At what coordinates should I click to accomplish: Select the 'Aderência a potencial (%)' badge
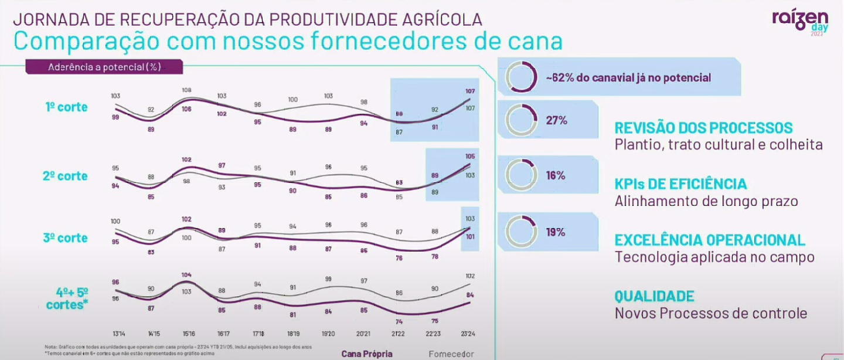tap(104, 67)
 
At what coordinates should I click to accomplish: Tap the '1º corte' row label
tap(66, 107)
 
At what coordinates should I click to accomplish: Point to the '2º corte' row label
tap(65, 176)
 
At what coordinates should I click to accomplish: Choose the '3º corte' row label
tap(65, 238)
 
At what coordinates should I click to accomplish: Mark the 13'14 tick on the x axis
tap(116, 333)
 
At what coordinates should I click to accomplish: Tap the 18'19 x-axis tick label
tap(292, 333)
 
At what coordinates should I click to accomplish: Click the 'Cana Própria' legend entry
tap(367, 354)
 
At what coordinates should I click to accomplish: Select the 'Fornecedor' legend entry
tap(451, 354)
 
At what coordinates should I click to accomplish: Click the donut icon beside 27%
tap(520, 120)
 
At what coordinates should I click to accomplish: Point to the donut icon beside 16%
tap(520, 174)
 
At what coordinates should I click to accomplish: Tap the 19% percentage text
tap(556, 232)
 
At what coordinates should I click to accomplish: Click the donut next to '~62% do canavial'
tap(520, 77)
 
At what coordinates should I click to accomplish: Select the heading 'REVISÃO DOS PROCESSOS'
tap(703, 128)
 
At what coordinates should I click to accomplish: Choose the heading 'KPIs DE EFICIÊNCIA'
tap(680, 184)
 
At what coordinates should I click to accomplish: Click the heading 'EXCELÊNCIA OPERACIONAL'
tap(710, 239)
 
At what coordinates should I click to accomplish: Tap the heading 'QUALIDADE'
tap(654, 296)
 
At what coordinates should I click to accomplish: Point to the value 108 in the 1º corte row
tap(187, 91)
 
